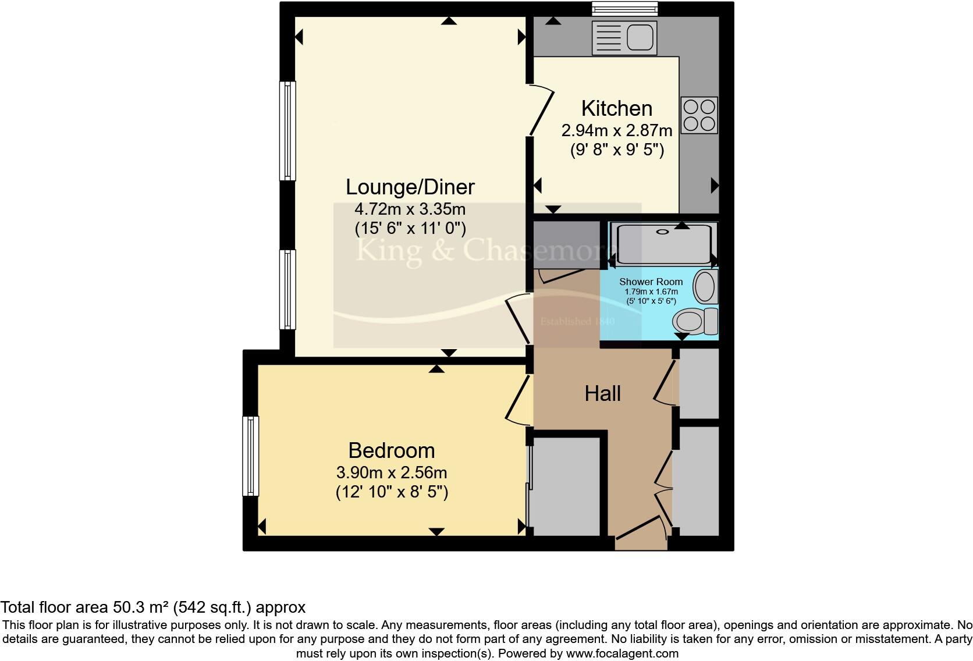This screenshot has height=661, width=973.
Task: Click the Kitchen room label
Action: pos(616,109)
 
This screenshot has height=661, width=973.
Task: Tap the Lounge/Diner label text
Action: pos(410,187)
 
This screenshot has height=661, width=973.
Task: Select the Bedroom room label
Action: pos(391,451)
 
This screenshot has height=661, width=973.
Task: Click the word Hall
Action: pos(602,394)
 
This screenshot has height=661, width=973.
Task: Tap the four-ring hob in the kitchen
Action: pos(699,115)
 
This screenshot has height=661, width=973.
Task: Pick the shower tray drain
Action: pos(663,232)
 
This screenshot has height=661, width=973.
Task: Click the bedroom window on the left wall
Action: pos(250,456)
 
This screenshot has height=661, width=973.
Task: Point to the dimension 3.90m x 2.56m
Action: pos(391,472)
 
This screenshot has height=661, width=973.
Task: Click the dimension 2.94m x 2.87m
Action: pos(616,130)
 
